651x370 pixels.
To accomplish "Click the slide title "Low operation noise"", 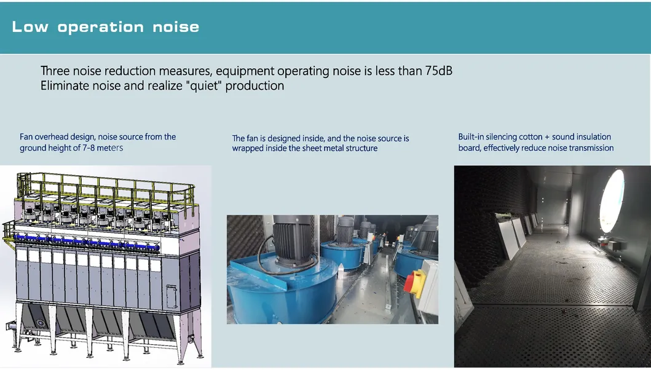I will [x=106, y=27].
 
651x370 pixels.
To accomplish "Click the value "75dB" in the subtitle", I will [x=438, y=71].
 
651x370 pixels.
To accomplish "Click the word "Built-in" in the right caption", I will [x=471, y=137].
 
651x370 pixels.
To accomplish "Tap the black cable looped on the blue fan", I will [x=264, y=258].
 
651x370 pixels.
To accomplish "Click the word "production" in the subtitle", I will [x=254, y=86].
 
